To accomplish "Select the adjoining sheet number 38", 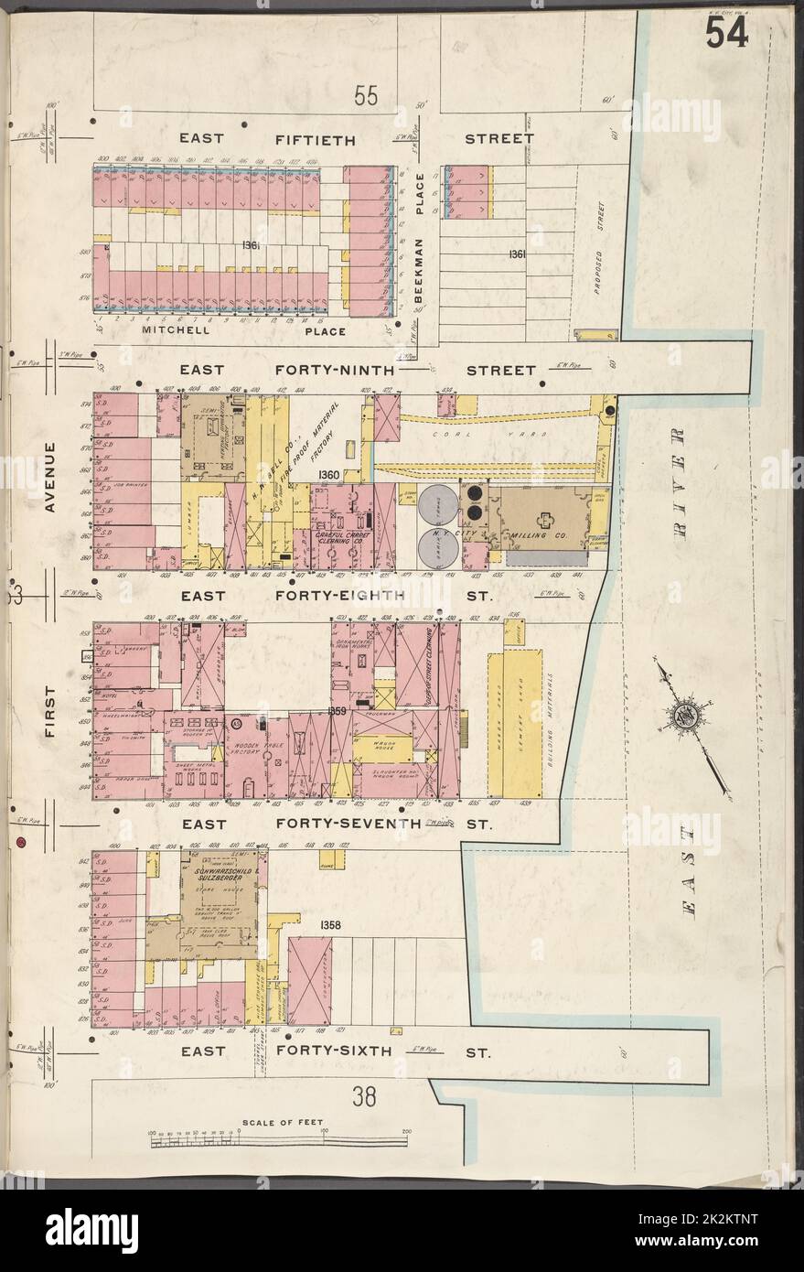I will click(x=366, y=1094).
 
